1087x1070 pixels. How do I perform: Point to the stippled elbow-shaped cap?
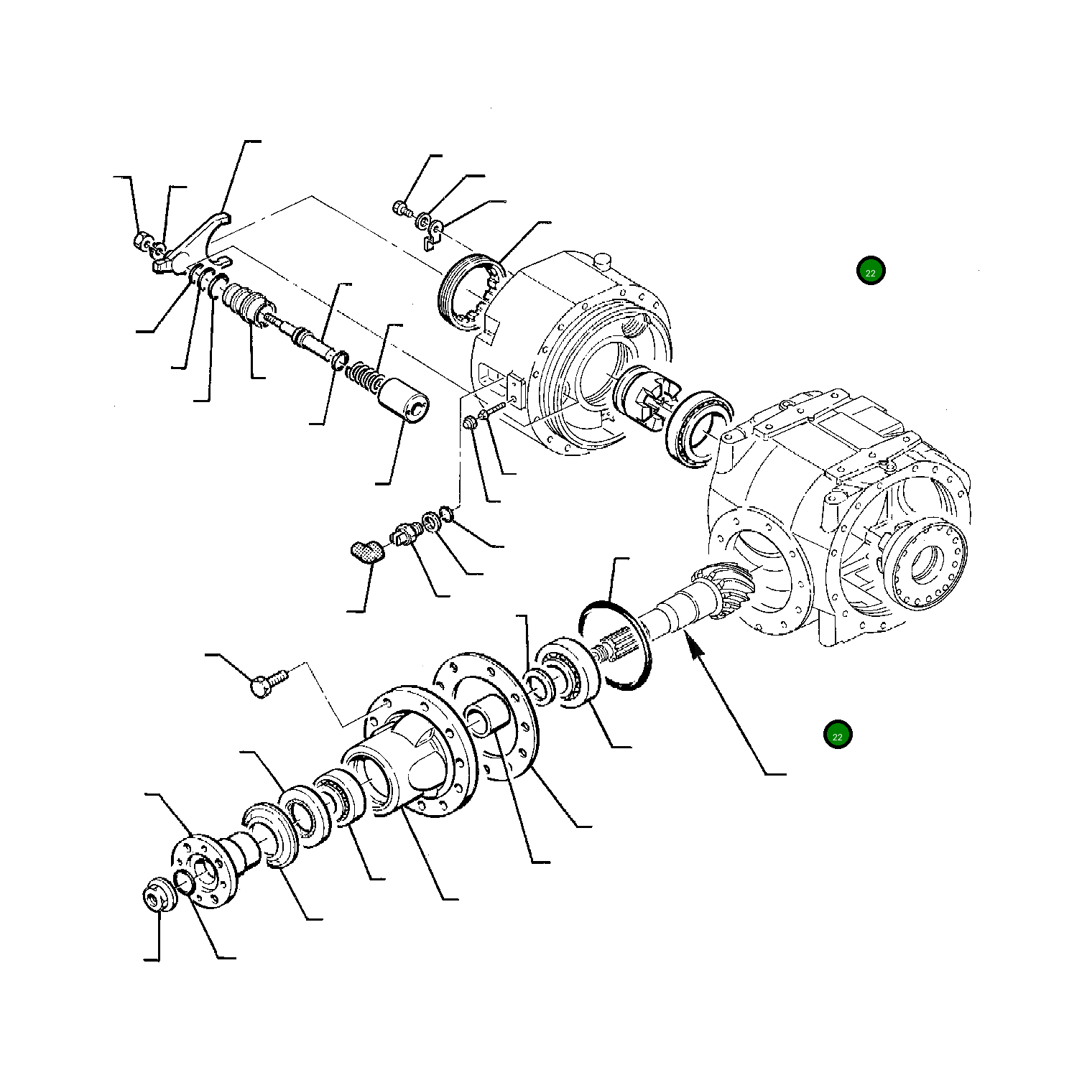pyautogui.click(x=367, y=552)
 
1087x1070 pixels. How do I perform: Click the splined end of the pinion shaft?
pyautogui.click(x=619, y=643)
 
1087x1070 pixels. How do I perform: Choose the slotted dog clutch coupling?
pyautogui.click(x=644, y=396)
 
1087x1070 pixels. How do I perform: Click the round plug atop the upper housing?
pyautogui.click(x=601, y=259)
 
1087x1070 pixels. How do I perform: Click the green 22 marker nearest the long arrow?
pyautogui.click(x=837, y=735)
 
